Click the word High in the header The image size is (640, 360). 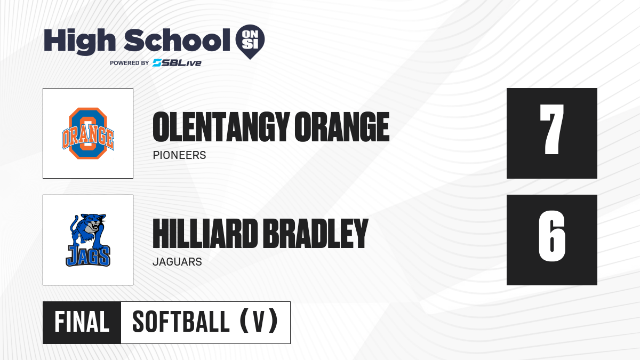point(80,41)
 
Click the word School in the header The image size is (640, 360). point(177,39)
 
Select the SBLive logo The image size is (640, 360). point(177,62)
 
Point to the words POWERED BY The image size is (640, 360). point(130,63)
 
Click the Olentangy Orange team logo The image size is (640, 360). point(88,133)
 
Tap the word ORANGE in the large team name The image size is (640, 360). point(342,127)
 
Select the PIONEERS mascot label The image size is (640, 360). point(179,155)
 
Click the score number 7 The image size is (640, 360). point(551,129)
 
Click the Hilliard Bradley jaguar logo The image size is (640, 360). point(88,240)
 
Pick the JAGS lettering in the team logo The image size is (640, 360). point(88,256)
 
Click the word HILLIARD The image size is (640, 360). point(205,234)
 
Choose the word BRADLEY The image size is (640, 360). point(315,234)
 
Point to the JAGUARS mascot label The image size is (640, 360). point(177,262)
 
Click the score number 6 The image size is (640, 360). point(551,236)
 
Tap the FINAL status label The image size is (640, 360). point(82,322)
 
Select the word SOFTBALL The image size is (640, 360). point(181,322)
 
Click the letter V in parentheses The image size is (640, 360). point(259,322)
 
